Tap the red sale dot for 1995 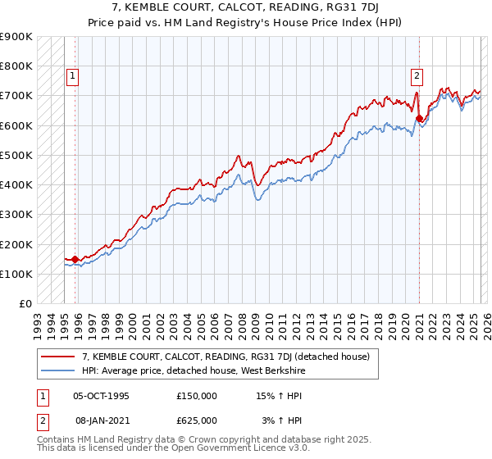tap(75, 259)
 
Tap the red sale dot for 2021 tap(419, 118)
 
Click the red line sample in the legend tap(58, 357)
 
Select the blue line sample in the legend tap(58, 371)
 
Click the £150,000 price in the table tap(197, 395)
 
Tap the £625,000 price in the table tap(197, 420)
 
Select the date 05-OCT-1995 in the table tap(101, 395)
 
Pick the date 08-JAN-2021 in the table tap(101, 420)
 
